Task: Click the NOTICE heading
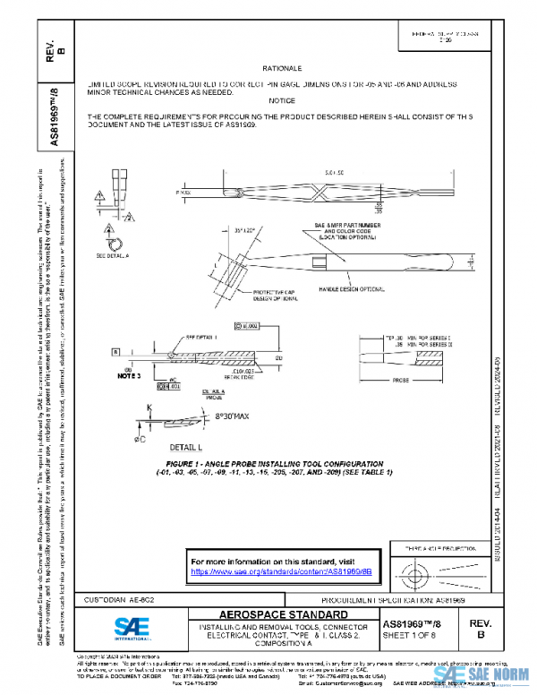point(281,101)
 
